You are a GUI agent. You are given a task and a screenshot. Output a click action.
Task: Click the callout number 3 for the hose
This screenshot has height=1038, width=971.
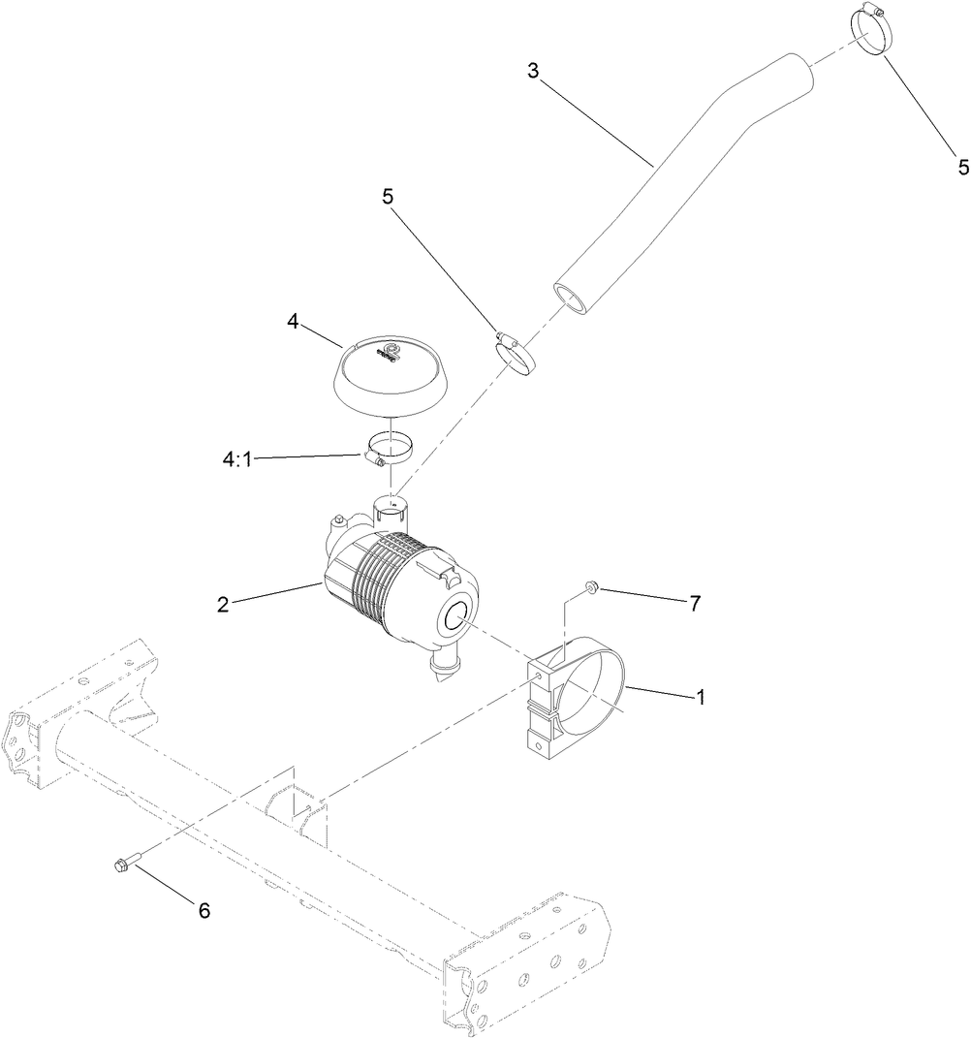(532, 70)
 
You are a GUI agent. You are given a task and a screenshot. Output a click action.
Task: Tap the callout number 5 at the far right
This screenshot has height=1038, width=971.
(962, 167)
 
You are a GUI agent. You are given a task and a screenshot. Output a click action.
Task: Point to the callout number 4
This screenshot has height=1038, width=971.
(292, 319)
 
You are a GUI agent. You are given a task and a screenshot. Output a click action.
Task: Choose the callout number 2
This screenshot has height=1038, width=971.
(223, 605)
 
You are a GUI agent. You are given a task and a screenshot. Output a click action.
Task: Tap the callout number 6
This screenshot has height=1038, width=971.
(204, 910)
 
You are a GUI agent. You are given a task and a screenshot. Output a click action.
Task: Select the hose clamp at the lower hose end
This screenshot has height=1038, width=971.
(518, 355)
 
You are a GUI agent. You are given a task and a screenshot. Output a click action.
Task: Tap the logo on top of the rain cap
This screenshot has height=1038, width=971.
(392, 350)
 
